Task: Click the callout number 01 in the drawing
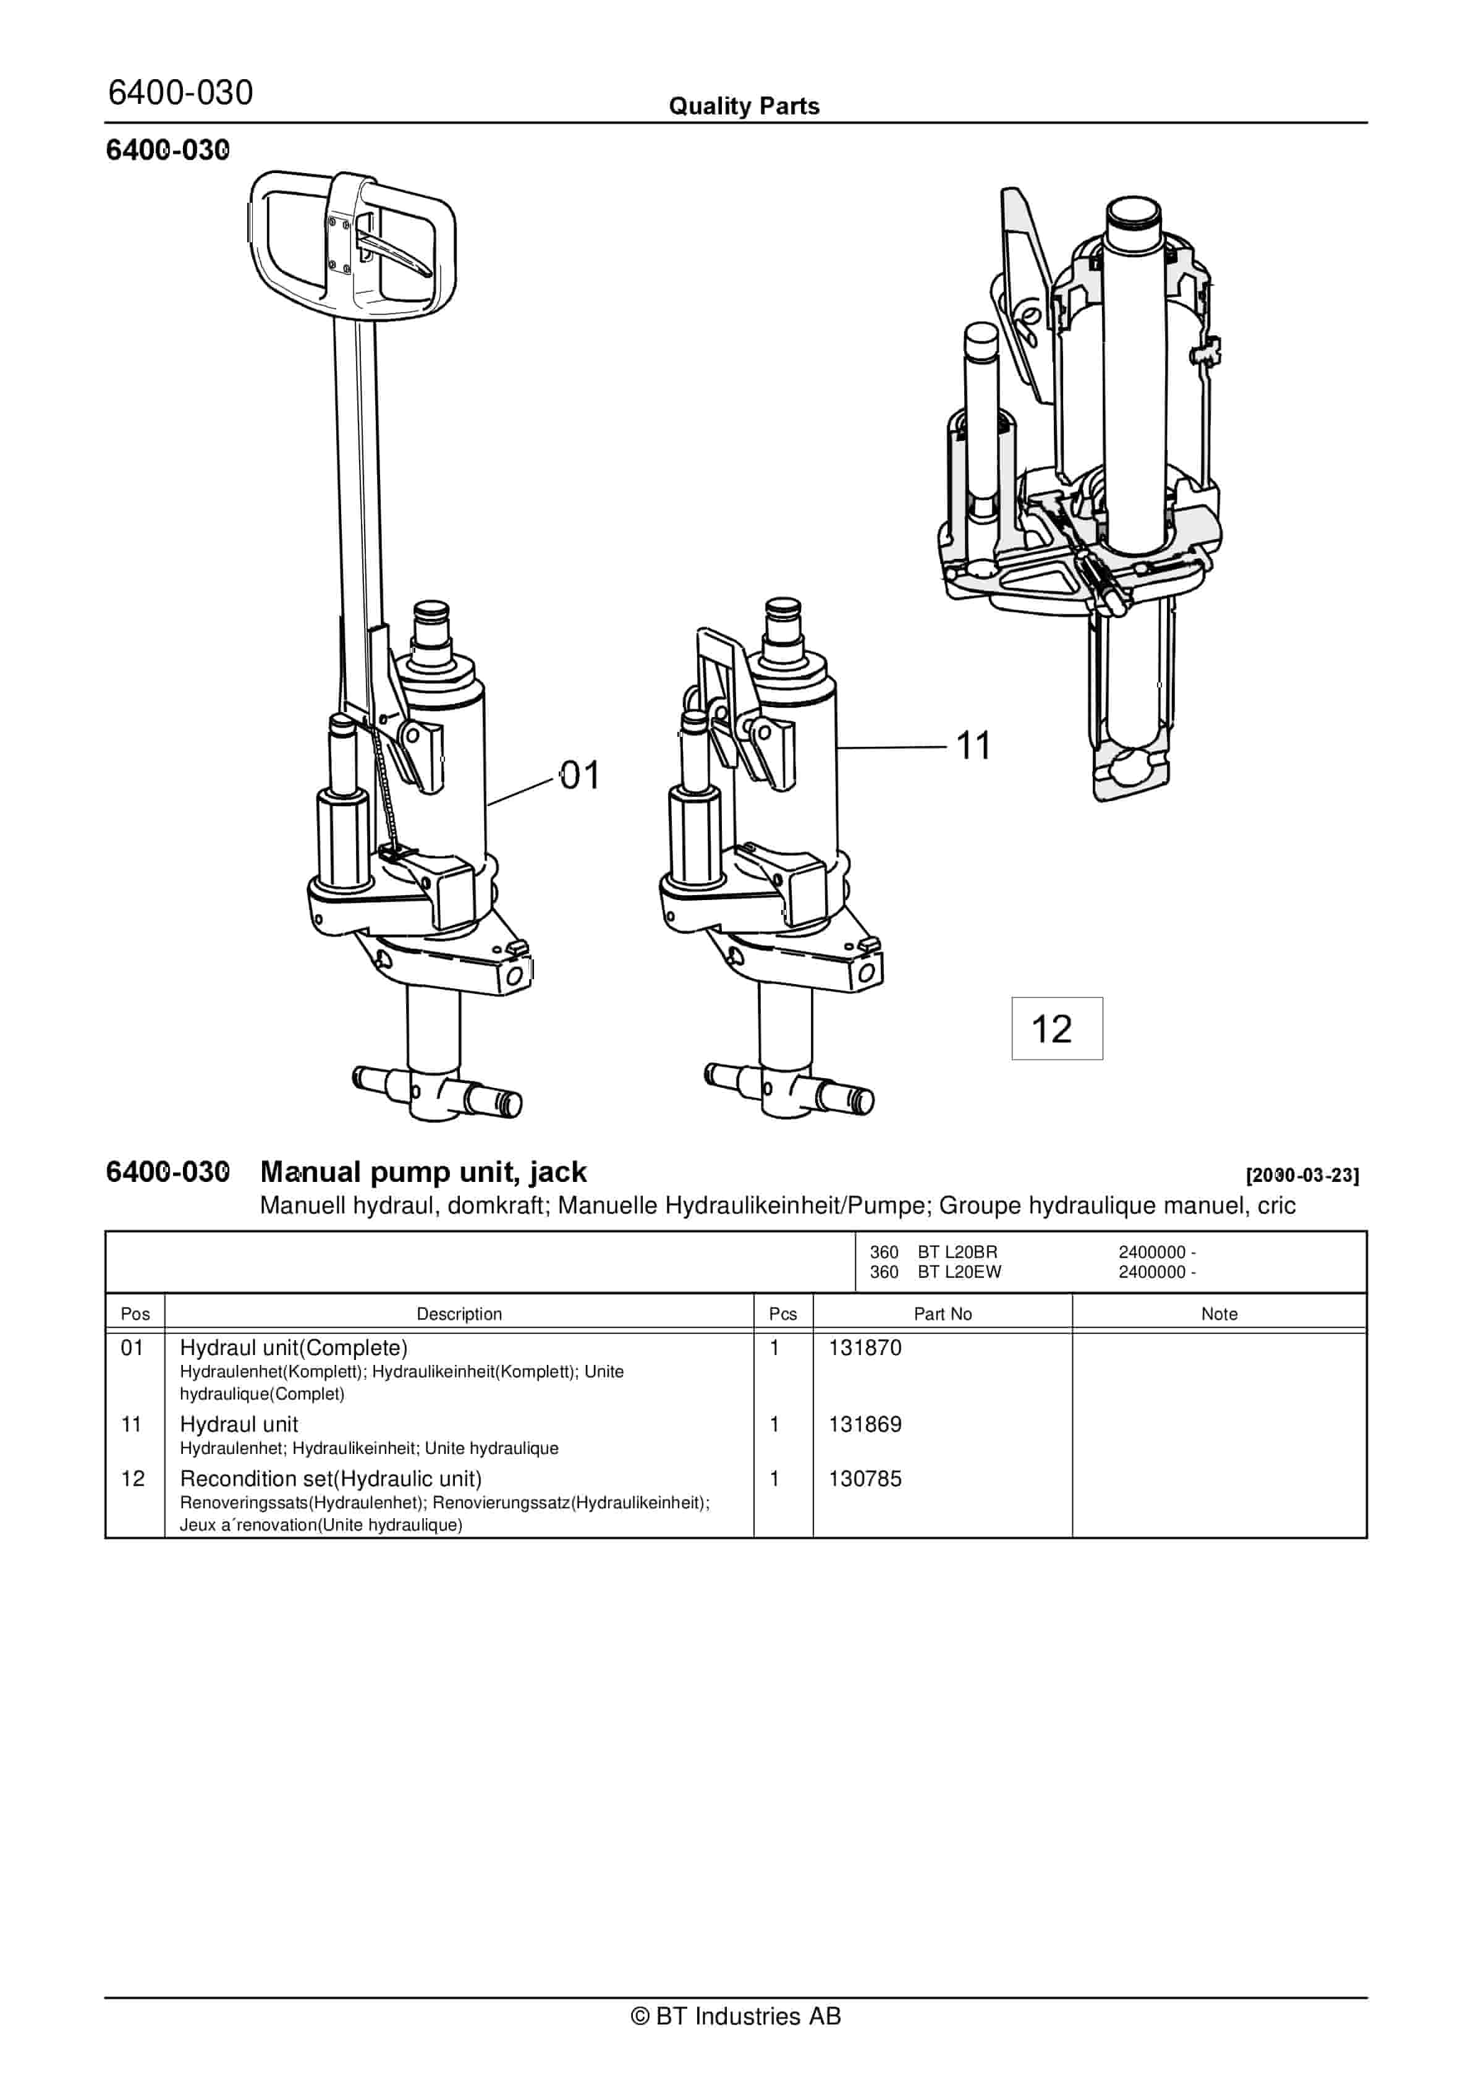(580, 776)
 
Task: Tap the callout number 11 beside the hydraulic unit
(973, 746)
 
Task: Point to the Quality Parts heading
(744, 106)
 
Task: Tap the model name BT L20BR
(957, 1252)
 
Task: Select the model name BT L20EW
(959, 1272)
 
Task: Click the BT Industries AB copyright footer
(735, 2016)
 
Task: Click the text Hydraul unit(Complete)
(294, 1348)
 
